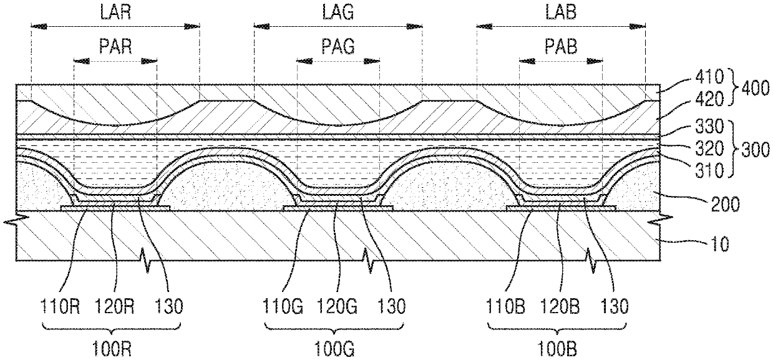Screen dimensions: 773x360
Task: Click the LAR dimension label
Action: coord(115,12)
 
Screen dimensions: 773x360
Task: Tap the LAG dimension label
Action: coord(338,12)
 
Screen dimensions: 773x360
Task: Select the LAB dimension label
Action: coord(561,12)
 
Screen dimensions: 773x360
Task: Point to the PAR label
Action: coord(115,46)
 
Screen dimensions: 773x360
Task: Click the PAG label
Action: coord(338,46)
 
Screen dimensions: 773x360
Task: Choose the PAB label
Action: coord(561,46)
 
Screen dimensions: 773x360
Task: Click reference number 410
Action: coord(709,76)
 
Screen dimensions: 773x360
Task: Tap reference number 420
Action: coord(709,99)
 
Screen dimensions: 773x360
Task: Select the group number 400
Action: coord(755,88)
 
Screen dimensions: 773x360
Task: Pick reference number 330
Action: coord(709,126)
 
